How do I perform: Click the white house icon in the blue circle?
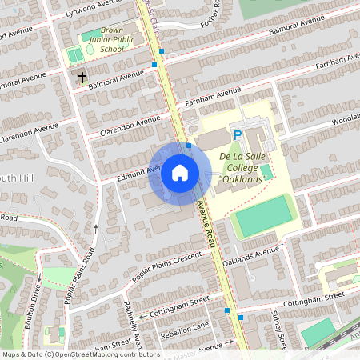180,172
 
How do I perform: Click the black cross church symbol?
82,78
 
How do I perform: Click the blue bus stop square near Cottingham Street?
227,310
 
